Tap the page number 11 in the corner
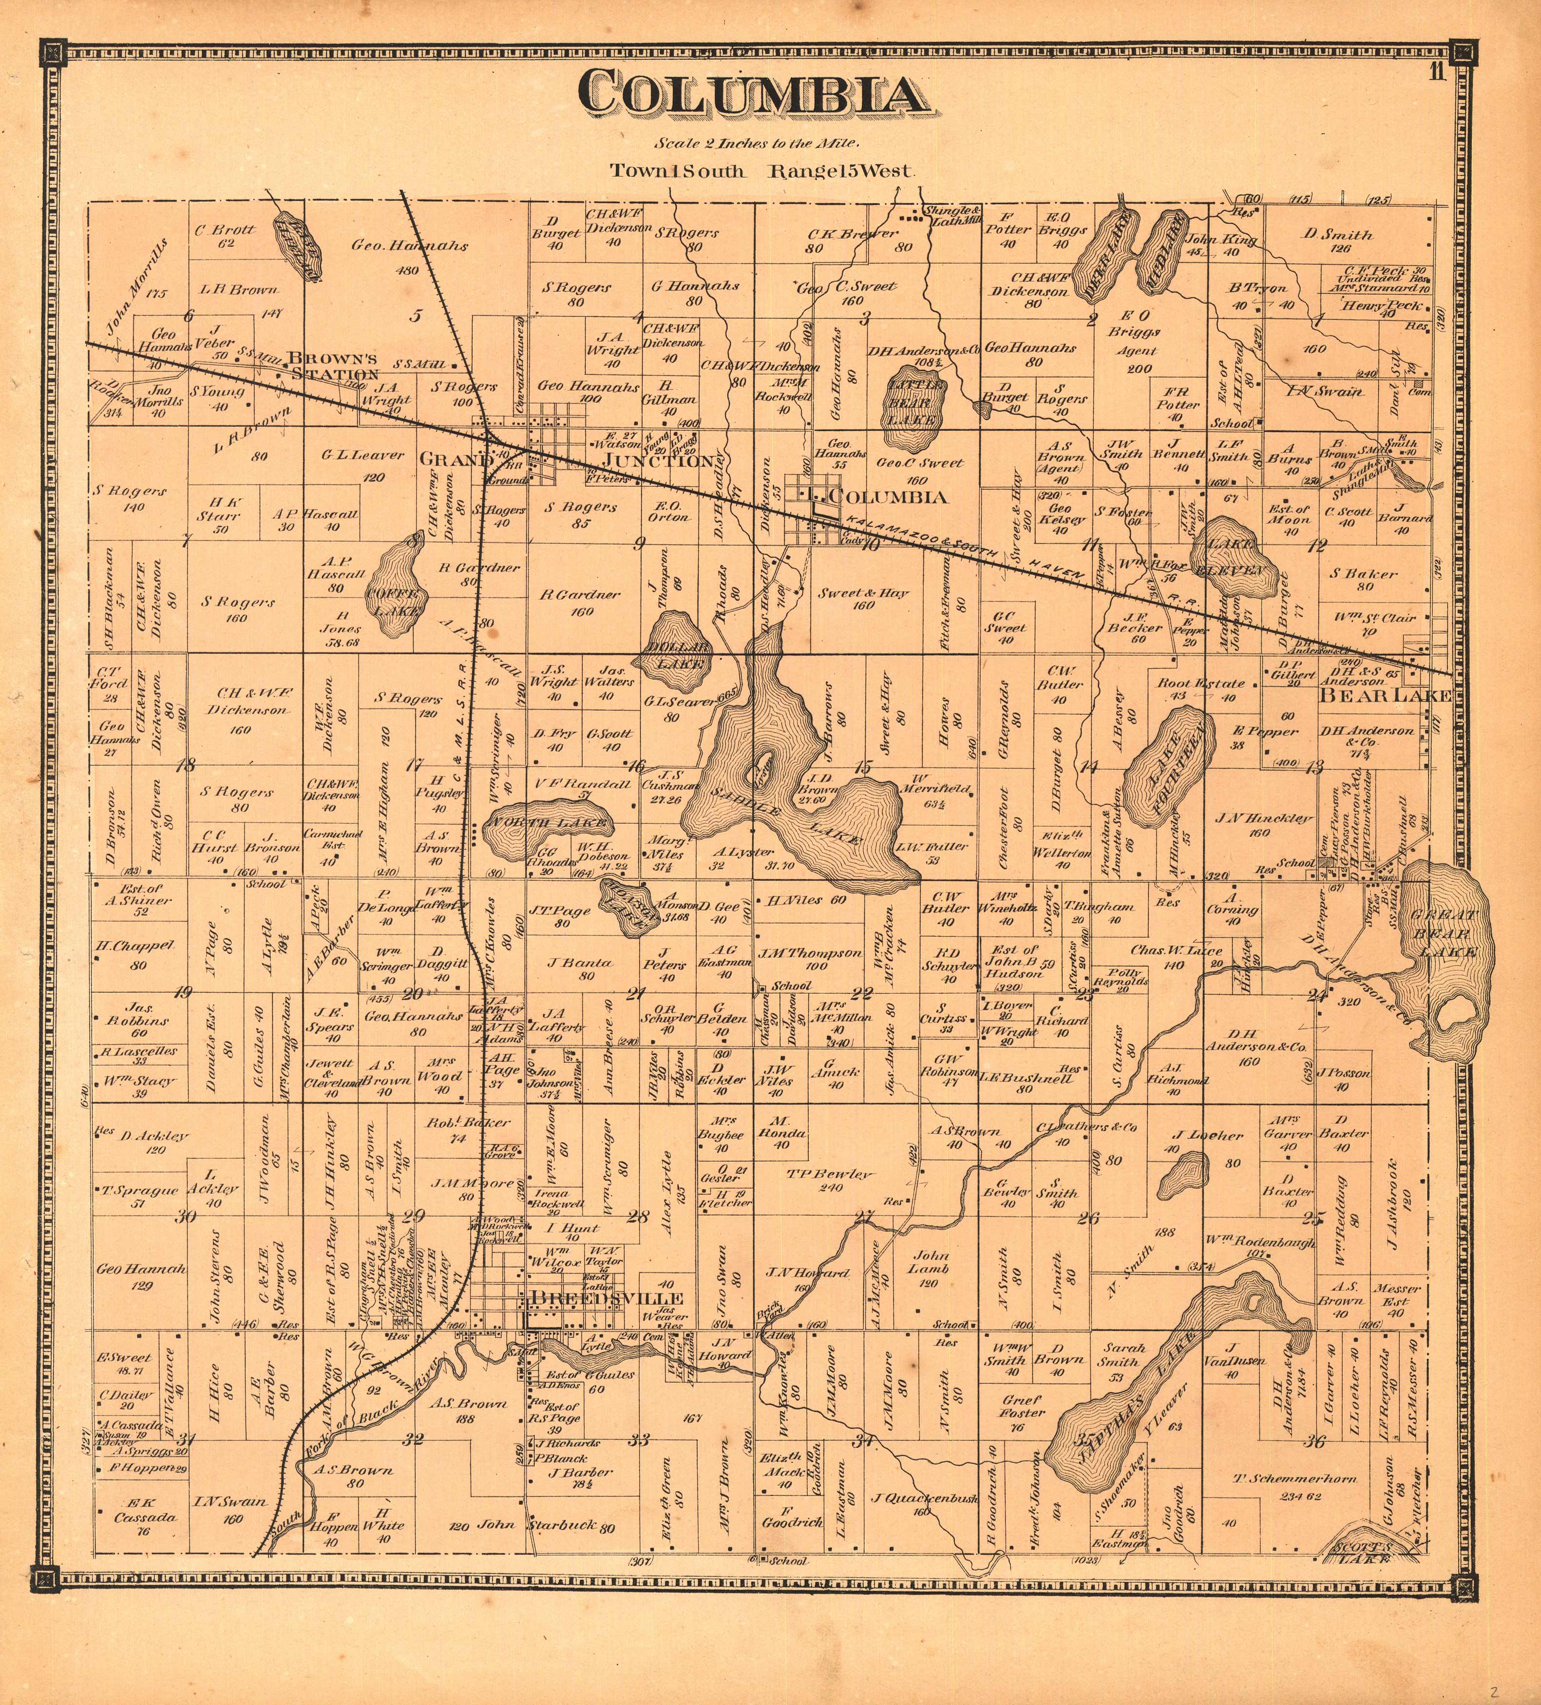click(1437, 73)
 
